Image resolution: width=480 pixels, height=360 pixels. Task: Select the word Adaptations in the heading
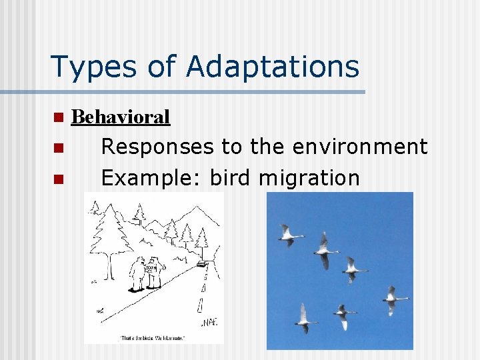coord(273,67)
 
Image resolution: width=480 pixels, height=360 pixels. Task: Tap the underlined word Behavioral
coord(121,117)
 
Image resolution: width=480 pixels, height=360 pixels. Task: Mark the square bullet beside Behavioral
coord(58,118)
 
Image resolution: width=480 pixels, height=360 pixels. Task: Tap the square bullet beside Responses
coord(58,147)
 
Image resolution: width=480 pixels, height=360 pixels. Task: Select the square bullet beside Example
coord(58,179)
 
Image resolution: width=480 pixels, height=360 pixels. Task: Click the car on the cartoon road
coord(202,263)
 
